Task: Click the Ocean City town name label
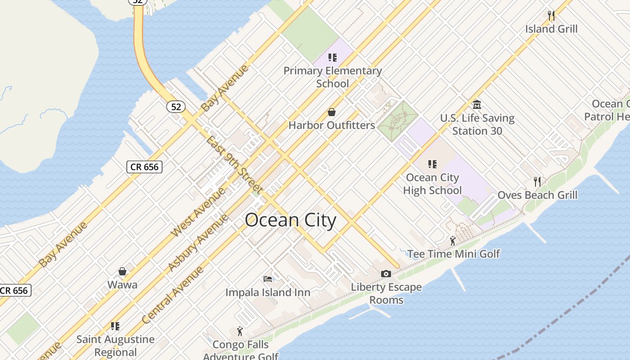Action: (290, 220)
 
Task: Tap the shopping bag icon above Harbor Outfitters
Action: (332, 112)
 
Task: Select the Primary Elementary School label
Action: (333, 77)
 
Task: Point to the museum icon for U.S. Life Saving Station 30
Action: (477, 105)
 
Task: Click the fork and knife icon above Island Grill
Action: (551, 15)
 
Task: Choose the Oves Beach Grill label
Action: (537, 195)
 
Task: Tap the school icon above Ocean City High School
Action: (432, 164)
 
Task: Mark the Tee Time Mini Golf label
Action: (454, 254)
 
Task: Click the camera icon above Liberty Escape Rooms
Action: (386, 274)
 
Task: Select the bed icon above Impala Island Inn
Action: (268, 279)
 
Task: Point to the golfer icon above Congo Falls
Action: (240, 332)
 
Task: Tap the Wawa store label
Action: (122, 284)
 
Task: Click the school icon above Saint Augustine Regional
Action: (115, 326)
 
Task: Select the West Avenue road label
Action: (198, 213)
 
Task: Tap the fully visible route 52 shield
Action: (176, 107)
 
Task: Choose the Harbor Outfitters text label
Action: (332, 125)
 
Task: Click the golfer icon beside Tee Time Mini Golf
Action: (453, 241)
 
